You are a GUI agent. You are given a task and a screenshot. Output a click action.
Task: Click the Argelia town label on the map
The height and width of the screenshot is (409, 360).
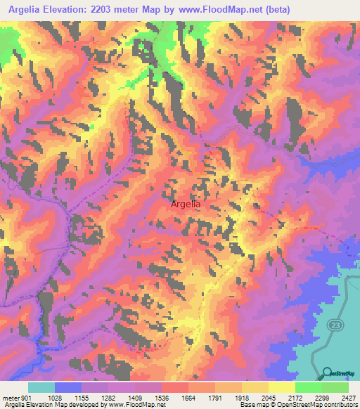pyautogui.click(x=186, y=204)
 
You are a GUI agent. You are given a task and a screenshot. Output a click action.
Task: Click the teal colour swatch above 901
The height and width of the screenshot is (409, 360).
pyautogui.click(x=41, y=387)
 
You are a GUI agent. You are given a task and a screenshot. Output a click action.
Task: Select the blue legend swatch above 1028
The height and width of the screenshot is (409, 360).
pyautogui.click(x=68, y=387)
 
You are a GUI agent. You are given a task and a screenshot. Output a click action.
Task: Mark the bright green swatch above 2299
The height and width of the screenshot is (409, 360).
pyautogui.click(x=309, y=387)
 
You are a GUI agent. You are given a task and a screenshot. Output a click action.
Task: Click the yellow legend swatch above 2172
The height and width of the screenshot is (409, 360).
pyautogui.click(x=282, y=387)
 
